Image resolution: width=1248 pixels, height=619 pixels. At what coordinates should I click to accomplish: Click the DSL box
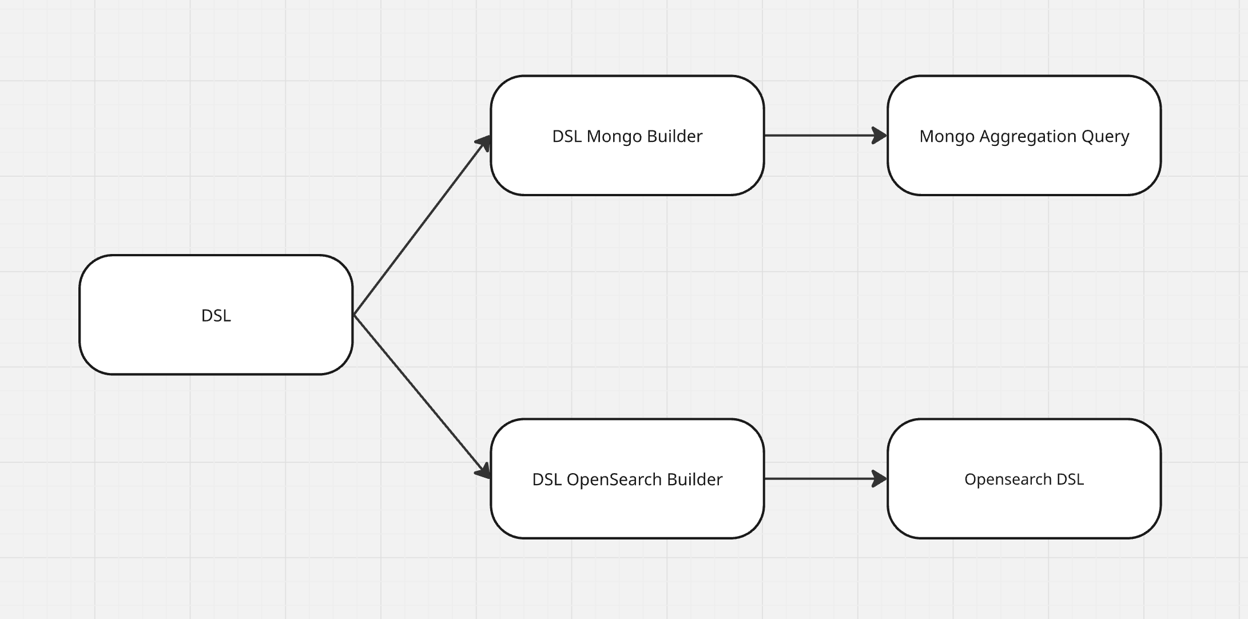(x=216, y=315)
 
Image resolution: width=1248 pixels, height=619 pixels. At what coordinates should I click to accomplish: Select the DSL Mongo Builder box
(x=627, y=136)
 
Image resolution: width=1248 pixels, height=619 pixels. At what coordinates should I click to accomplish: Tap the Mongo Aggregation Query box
(x=1024, y=136)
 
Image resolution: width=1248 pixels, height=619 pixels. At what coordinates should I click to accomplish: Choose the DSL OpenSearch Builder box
(x=627, y=479)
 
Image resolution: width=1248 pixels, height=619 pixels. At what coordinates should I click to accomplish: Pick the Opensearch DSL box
(x=1024, y=479)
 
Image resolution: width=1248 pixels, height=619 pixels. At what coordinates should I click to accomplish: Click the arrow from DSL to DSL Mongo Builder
(x=422, y=225)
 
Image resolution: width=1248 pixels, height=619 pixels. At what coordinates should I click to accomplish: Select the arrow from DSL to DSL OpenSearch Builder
(x=422, y=396)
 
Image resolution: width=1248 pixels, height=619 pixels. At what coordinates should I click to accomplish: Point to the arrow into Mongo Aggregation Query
(x=826, y=136)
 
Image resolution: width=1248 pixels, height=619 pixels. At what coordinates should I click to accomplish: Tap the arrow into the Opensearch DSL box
(x=826, y=479)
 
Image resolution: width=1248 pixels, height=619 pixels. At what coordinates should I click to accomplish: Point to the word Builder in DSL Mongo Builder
(x=674, y=136)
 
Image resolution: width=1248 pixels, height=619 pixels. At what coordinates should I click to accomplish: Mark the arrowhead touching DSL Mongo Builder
(x=484, y=143)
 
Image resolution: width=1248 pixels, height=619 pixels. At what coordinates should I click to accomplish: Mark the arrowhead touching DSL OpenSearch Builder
(x=484, y=471)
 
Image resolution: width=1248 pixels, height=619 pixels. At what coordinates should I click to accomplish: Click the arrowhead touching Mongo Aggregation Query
(x=880, y=136)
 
